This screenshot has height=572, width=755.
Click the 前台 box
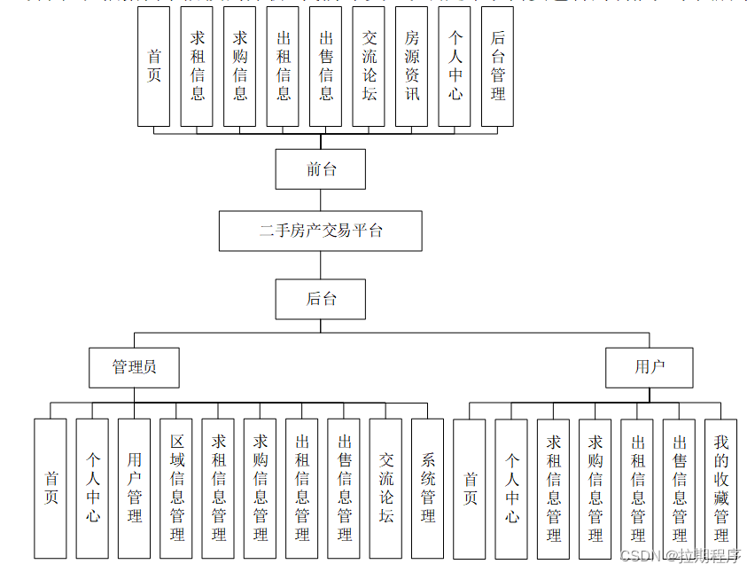[x=320, y=168]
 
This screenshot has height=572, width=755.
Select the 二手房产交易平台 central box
[x=320, y=231]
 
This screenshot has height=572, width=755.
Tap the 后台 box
[x=320, y=299]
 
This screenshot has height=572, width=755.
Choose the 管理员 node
[x=135, y=367]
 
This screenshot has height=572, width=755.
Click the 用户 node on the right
[x=649, y=367]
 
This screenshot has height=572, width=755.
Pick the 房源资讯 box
[x=412, y=66]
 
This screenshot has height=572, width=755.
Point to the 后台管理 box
[x=498, y=66]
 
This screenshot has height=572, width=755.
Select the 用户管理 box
[x=135, y=488]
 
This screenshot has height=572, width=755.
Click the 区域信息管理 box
[x=176, y=488]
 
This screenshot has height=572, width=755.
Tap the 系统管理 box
[x=428, y=488]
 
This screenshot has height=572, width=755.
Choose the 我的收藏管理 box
[x=721, y=488]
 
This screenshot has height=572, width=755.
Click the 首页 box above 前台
[x=154, y=66]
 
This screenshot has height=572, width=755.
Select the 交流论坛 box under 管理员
[x=386, y=488]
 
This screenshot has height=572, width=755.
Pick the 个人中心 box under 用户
[x=512, y=488]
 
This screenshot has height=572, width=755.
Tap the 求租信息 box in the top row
[x=197, y=66]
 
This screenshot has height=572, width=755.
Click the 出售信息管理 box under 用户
[x=680, y=488]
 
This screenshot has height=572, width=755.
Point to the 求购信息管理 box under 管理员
[x=261, y=488]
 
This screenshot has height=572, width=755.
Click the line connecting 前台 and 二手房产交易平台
[x=321, y=200]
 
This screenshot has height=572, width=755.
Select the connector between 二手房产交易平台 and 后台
[x=321, y=265]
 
